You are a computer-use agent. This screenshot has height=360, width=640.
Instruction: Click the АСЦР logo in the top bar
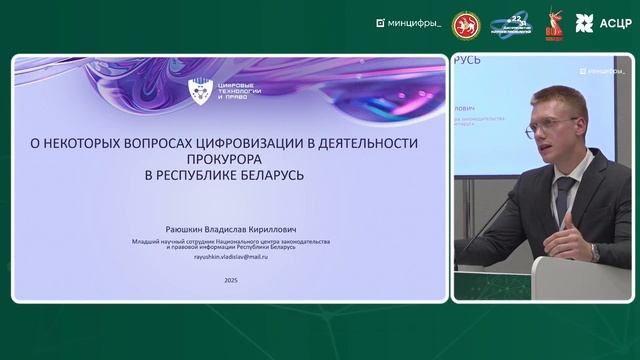[x=604, y=22]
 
